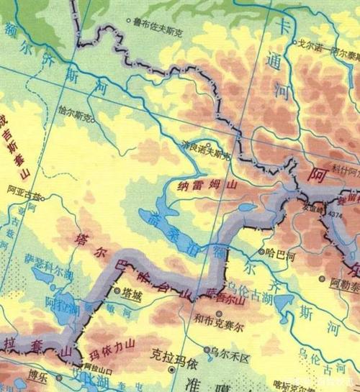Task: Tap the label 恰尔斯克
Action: (x=76, y=115)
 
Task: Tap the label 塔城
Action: (x=132, y=293)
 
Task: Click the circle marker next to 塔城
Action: (x=117, y=291)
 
